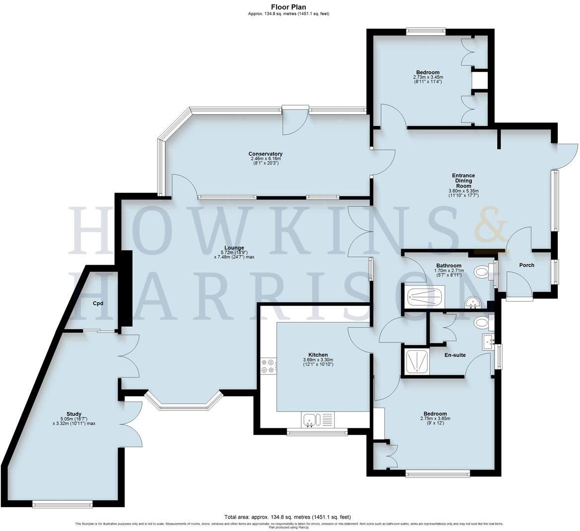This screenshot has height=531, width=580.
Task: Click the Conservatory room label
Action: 265,154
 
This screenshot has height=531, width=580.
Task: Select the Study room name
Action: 74,414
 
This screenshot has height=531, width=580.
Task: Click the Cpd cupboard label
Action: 98,303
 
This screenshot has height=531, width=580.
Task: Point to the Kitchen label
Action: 318,355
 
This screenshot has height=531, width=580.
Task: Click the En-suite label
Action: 454,355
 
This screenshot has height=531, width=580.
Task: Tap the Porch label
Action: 527,265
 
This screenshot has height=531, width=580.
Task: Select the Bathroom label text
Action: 449,266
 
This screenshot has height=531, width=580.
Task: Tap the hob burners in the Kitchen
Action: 268,366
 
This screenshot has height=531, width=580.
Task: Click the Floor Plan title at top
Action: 288,7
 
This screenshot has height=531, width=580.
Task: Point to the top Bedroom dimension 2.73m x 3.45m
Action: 428,77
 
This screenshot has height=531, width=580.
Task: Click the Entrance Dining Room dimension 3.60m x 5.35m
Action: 463,191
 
